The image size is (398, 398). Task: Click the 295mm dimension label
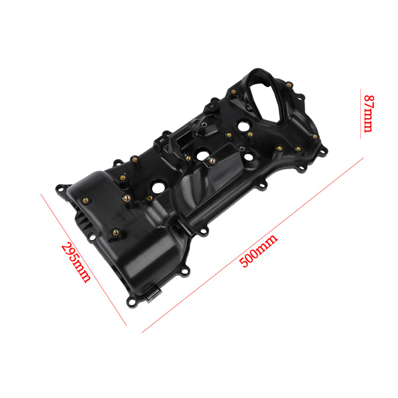(75, 263)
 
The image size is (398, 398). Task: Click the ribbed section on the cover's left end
(81, 222)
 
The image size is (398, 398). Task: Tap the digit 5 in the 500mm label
(243, 261)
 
